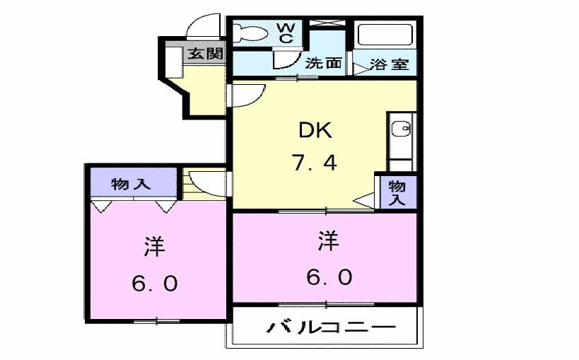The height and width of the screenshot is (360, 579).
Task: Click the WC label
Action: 286,33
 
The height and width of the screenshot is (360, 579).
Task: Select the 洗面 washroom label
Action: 323,64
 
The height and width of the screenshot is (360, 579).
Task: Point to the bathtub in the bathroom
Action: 385,35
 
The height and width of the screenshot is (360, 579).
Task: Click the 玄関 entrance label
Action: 206,54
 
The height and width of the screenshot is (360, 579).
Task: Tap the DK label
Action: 315,130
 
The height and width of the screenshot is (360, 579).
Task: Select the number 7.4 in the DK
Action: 315,163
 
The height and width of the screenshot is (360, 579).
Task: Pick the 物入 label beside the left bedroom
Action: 131,185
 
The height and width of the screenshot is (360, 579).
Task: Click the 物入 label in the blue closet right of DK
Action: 397,192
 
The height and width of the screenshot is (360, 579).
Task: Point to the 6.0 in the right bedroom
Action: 329,277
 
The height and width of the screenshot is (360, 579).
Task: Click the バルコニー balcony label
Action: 330,328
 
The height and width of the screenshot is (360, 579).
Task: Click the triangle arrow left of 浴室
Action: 360,66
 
